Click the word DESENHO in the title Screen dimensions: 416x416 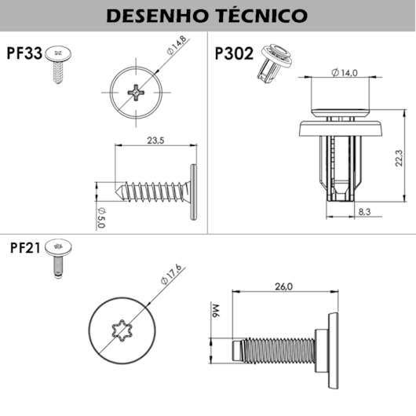pyautogui.click(x=154, y=16)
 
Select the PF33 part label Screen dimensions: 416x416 pyautogui.click(x=23, y=54)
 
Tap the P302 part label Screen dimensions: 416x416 pyautogui.click(x=233, y=54)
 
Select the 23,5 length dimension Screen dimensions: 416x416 pyautogui.click(x=155, y=141)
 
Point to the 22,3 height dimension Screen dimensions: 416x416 pyautogui.click(x=399, y=160)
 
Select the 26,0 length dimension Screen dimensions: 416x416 pyautogui.click(x=283, y=286)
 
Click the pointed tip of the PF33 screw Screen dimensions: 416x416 pyautogui.click(x=118, y=190)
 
